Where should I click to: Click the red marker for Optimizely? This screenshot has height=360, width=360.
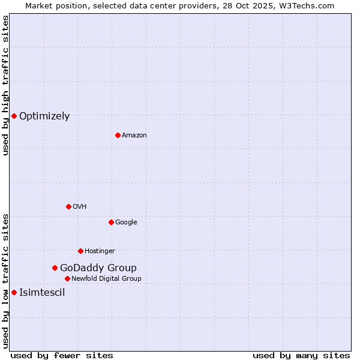(x=14, y=116)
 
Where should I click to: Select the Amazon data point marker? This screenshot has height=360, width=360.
(x=118, y=135)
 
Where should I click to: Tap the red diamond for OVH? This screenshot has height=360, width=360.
(x=68, y=206)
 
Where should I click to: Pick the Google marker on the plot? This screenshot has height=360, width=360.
(x=111, y=222)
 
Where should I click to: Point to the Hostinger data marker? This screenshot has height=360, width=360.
(x=80, y=251)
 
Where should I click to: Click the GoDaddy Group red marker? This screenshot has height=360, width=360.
(x=55, y=268)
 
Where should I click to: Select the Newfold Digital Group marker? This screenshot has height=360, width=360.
(x=67, y=278)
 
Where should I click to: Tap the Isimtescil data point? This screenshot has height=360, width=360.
(x=14, y=292)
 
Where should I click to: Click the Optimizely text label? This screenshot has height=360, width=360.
(x=44, y=116)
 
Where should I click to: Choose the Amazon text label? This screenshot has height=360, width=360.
(x=134, y=136)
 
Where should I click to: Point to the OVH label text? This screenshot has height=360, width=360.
(x=80, y=207)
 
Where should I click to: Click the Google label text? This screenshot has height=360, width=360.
(x=126, y=223)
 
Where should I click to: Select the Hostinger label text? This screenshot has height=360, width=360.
(x=100, y=251)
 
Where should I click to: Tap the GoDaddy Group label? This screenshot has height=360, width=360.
(x=98, y=268)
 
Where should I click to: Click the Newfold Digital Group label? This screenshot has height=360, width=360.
(x=106, y=279)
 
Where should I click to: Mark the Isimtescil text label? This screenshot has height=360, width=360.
(x=42, y=293)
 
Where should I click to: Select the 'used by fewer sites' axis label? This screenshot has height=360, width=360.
(x=62, y=355)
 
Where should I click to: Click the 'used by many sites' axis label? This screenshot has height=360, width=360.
(x=301, y=355)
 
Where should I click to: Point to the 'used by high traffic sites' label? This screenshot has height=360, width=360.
(x=5, y=85)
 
